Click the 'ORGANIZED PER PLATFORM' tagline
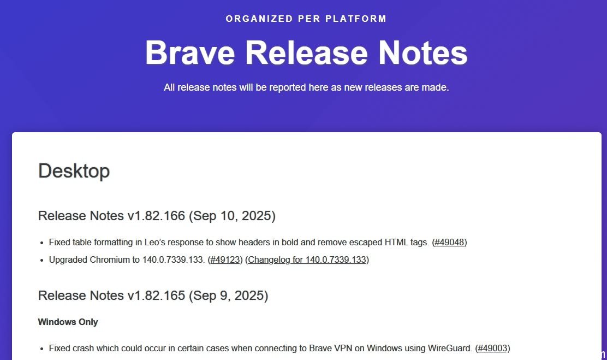(x=306, y=19)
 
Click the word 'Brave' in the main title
(x=190, y=52)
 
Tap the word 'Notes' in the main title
(x=422, y=52)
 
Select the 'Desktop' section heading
(x=74, y=171)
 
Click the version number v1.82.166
(x=157, y=215)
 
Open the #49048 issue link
(x=449, y=242)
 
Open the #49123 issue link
(x=225, y=259)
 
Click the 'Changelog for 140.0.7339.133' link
(x=307, y=259)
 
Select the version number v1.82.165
(x=157, y=296)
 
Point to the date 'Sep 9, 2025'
(x=228, y=296)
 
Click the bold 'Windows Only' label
(x=68, y=322)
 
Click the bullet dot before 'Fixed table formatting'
(x=42, y=243)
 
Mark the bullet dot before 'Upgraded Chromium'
(x=42, y=261)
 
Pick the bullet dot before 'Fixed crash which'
(x=42, y=349)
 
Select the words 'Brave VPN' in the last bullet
(x=331, y=348)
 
